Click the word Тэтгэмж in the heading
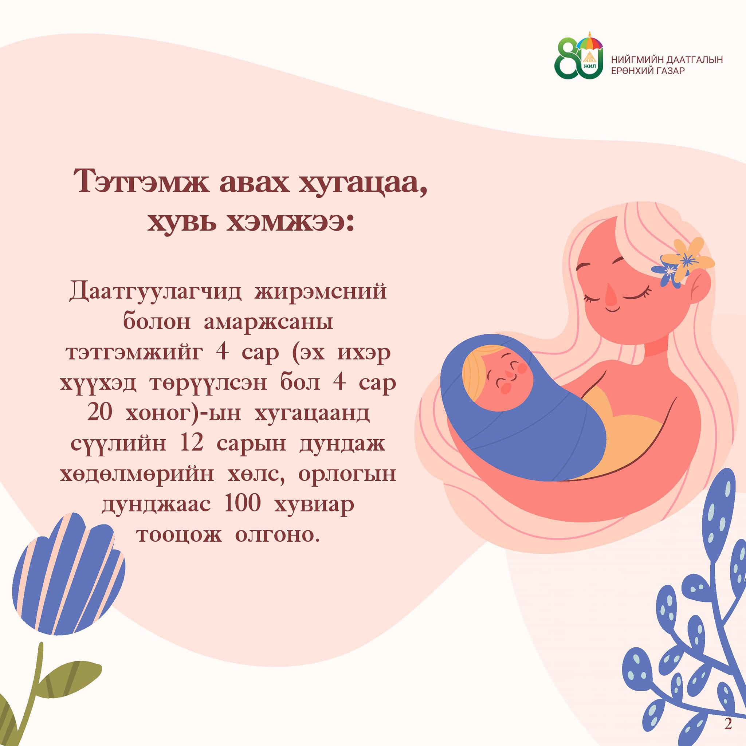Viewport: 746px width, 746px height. tap(141, 181)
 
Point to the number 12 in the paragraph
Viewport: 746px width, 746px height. tap(192, 443)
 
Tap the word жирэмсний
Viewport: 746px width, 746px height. tap(321, 291)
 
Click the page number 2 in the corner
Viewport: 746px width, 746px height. tap(728, 724)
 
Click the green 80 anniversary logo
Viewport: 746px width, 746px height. tap(578, 57)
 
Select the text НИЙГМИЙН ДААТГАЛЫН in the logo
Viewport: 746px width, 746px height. tap(667, 60)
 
